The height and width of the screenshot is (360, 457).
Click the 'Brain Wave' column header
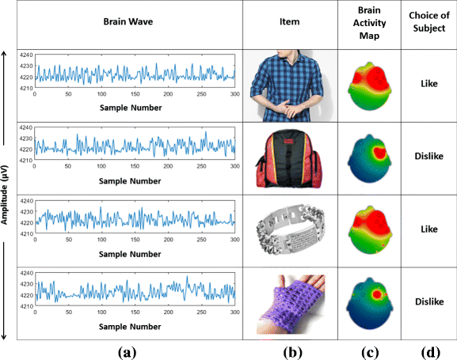point(128,21)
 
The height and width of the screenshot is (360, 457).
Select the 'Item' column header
point(289,21)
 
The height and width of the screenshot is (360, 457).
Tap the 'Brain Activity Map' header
point(369,23)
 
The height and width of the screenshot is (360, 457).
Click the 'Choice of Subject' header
point(429,21)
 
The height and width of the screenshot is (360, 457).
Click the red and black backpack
point(289,159)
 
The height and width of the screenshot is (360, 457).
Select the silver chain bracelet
point(291,229)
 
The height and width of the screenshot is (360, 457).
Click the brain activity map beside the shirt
point(370,86)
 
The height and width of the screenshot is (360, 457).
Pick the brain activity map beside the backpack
point(370,158)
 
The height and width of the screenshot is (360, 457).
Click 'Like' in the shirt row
point(429,84)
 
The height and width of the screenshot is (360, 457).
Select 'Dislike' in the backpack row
point(429,156)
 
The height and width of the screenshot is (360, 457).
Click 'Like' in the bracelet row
point(429,229)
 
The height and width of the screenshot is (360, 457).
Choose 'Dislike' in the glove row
point(429,301)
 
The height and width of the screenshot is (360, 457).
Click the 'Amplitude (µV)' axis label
point(4,195)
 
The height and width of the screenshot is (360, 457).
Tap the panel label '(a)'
point(127,353)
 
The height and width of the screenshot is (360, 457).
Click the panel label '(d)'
point(430,353)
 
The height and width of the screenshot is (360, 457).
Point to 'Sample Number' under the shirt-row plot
point(131,108)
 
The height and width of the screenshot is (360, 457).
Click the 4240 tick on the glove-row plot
point(26,273)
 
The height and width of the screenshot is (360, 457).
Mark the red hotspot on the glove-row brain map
point(376,294)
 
